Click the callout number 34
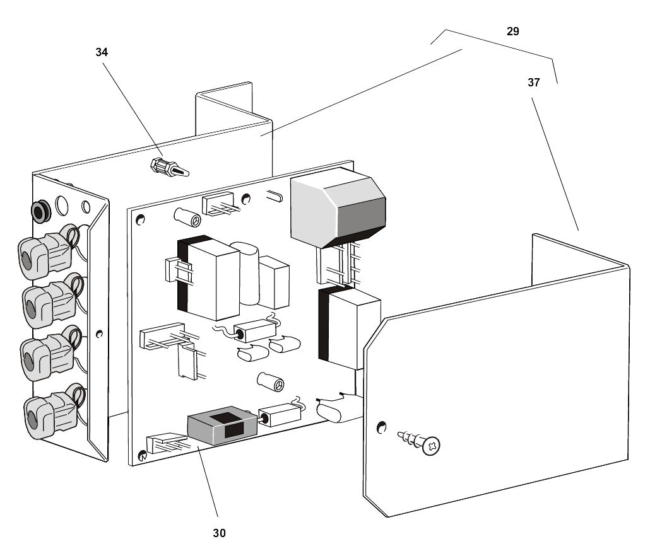tap(102, 52)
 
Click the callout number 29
tap(512, 31)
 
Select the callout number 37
tap(534, 82)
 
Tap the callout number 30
tap(218, 533)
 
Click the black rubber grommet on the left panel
tap(40, 212)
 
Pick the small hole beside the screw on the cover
tap(381, 428)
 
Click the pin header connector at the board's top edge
tap(218, 205)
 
